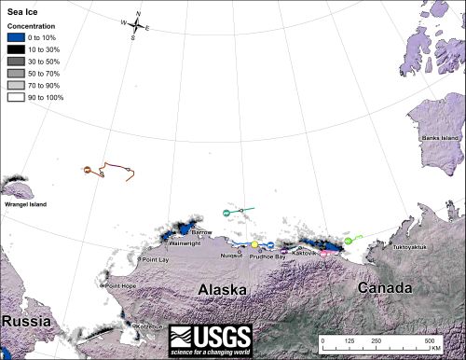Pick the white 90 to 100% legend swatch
(x=16, y=96)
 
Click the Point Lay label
(x=155, y=259)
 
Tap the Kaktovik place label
(x=306, y=253)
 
